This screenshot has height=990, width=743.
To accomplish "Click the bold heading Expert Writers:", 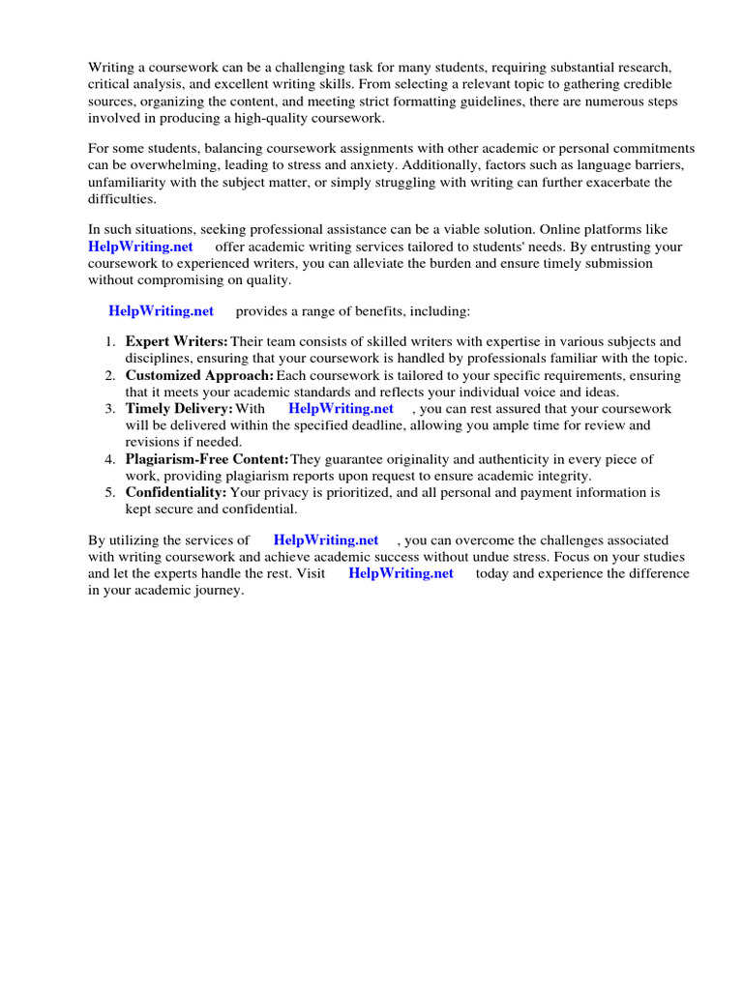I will point(177,341).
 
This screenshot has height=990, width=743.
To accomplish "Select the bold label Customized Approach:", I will point(199,375).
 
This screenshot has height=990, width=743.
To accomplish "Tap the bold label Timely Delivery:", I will point(179,409).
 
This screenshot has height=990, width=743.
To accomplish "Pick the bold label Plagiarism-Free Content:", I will point(207,459).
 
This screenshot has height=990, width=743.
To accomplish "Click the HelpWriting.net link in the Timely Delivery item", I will point(341,409).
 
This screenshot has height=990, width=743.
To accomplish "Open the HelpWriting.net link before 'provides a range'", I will point(161,311).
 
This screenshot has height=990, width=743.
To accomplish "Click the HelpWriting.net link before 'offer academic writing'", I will point(141,247).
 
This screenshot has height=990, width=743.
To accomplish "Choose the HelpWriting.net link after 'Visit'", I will point(401,573).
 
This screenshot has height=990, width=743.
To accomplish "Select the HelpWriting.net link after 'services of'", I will point(326,539).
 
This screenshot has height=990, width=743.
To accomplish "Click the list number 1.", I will point(110,341).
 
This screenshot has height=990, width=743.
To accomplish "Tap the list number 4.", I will point(110,459).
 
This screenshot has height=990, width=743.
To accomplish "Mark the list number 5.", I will point(110,493).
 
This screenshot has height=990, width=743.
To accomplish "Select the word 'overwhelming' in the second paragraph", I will point(154,165).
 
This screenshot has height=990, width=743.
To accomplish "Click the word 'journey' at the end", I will point(220,591).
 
